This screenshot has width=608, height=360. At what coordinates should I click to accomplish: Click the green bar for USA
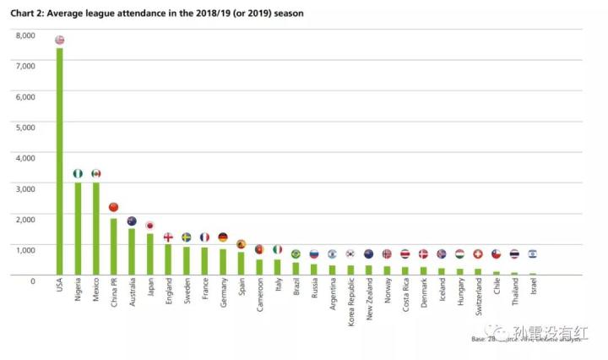point(60,161)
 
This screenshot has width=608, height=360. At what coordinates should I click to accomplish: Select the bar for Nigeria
point(78,228)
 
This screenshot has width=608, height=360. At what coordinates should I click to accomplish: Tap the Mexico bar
point(96,228)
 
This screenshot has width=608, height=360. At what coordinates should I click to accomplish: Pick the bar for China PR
point(114,246)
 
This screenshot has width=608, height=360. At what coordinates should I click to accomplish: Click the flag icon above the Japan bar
point(150,226)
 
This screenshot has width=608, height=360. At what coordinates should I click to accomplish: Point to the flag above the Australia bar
point(132,221)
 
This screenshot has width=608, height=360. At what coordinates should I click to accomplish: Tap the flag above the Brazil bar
point(296,254)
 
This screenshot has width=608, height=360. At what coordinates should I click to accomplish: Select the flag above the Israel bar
point(533,254)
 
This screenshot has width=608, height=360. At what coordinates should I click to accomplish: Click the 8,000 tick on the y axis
point(26,35)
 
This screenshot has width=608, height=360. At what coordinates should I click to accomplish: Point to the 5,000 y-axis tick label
point(26,128)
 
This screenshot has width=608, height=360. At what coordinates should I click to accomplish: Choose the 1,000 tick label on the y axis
point(26,249)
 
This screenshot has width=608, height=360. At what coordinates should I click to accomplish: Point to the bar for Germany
point(223,262)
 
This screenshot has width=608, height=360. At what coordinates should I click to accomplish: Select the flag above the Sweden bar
point(187,237)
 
